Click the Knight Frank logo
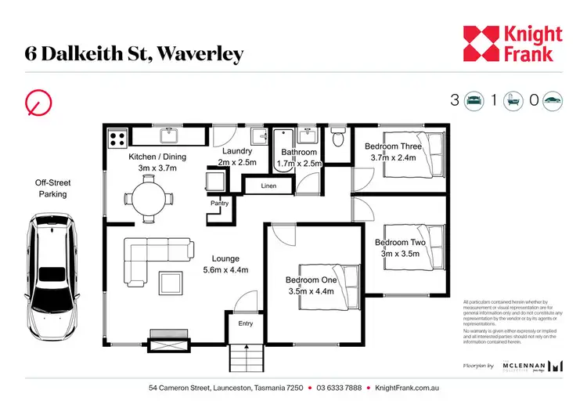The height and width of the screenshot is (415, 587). pos(512,43)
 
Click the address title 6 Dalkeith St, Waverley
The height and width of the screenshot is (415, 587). pos(134,53)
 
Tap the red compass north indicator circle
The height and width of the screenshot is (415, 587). pos(37,102)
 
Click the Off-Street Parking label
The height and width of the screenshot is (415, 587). pos(51,188)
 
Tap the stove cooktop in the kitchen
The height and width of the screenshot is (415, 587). pos(118,139)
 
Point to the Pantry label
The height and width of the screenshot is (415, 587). pos(218,203)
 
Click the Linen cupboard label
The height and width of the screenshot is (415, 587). pos(268,186)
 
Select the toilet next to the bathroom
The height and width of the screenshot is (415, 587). pos(337,139)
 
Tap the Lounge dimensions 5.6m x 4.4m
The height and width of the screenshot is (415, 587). pos(225,270)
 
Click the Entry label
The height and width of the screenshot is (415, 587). pos(245,323)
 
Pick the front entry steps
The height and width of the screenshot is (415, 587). pos(244,359)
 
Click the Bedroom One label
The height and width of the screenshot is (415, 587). pos(311,280)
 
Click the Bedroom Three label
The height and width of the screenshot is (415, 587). pos(394,146)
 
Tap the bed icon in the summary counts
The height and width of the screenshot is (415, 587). pos(474,100)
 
